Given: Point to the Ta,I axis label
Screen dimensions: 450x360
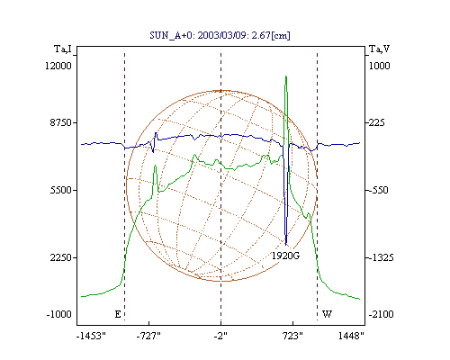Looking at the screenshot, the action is click(63, 49).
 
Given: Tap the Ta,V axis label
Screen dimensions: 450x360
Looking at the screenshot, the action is click(380, 49).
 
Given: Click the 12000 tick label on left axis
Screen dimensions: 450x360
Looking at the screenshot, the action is click(58, 66).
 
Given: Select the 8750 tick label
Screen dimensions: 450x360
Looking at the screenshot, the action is click(61, 122).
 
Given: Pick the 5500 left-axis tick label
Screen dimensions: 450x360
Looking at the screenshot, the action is click(61, 190).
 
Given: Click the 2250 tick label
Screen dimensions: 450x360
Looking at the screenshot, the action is click(61, 257).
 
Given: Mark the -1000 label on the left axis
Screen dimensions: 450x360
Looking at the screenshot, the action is click(59, 314).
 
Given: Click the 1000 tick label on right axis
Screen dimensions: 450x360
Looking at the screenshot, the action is click(379, 66).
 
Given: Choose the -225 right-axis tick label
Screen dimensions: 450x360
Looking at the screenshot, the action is click(375, 122).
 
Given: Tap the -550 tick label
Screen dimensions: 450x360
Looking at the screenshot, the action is click(377, 190).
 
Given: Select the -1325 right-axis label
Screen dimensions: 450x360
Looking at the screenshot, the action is click(380, 257).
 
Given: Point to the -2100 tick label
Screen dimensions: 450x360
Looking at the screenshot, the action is click(381, 314).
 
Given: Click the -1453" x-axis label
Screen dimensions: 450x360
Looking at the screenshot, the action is click(92, 336).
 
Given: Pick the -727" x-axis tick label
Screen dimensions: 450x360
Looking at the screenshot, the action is click(148, 336).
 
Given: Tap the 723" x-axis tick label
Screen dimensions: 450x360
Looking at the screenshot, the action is click(292, 336).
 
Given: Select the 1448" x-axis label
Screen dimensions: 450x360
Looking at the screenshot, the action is click(351, 336).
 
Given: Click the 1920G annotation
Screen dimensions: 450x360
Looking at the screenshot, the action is click(285, 256).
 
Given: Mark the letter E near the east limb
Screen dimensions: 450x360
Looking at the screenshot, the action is click(118, 314).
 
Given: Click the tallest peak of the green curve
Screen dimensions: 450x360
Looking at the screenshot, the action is click(286, 76).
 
